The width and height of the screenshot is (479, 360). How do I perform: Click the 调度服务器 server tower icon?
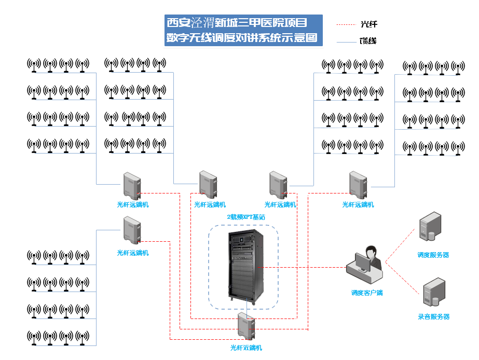coord(430,227)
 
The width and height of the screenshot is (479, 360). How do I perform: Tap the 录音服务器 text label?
coord(433,316)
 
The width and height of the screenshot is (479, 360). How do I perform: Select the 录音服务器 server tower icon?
coord(433,293)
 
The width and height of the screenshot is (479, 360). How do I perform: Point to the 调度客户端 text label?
coord(366,293)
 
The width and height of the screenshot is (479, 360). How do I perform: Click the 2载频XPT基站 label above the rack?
coord(245,217)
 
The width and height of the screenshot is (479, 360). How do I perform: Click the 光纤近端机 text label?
coord(246,348)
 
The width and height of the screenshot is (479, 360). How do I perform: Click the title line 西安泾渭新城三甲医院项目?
coord(237,23)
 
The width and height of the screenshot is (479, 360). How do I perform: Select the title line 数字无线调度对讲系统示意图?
coord(241,38)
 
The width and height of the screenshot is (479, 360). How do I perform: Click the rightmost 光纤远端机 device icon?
coord(358,186)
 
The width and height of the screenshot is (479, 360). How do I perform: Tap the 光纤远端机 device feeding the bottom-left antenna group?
coord(132,230)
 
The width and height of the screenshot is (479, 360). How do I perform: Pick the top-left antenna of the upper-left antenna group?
coord(34,65)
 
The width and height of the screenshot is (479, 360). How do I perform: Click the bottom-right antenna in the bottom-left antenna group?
coord(82,337)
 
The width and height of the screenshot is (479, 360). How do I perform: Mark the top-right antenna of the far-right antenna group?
coord(457,68)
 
